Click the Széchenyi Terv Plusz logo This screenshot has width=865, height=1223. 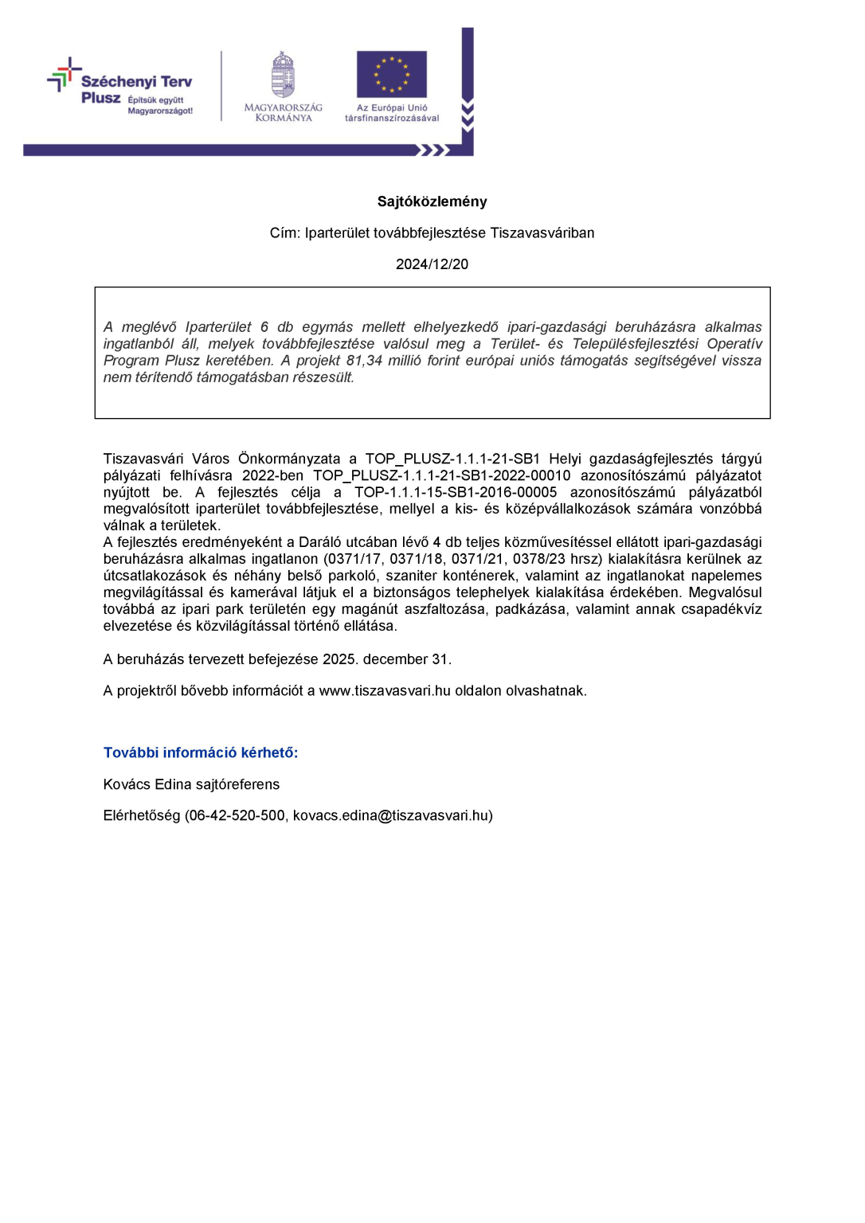(121, 88)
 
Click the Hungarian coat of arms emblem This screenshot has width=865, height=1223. (284, 75)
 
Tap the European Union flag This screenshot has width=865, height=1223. (391, 74)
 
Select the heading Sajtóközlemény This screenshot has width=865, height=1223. (432, 201)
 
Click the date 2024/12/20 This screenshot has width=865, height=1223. (432, 264)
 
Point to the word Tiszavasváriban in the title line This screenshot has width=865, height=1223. (542, 233)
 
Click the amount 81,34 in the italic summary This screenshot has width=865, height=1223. (364, 361)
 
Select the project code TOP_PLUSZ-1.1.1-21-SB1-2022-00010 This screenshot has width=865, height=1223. (441, 476)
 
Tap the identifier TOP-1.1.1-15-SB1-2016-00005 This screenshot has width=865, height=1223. (456, 493)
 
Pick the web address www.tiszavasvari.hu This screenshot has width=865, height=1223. (386, 691)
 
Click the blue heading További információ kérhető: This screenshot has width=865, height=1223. (201, 753)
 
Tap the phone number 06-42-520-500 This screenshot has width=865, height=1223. (237, 816)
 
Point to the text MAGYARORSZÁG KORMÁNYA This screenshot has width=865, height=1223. (284, 113)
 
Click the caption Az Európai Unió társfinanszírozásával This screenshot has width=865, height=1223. (392, 113)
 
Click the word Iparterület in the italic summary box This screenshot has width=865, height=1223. (218, 327)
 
